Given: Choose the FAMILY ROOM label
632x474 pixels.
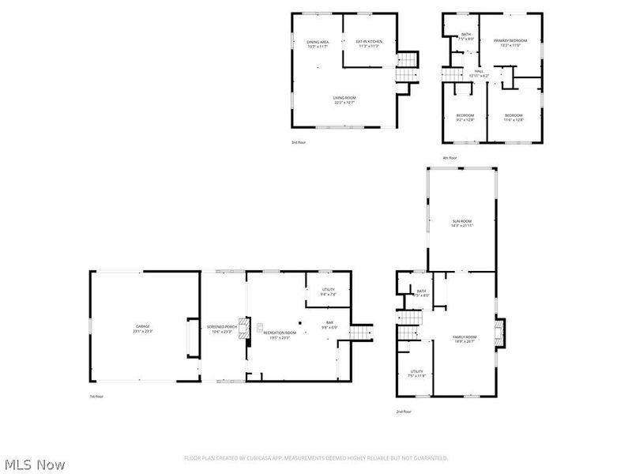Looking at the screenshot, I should click(x=465, y=339).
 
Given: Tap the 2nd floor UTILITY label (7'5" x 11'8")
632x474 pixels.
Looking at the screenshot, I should click(x=417, y=373).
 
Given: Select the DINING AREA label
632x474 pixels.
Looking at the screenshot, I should click(x=318, y=43).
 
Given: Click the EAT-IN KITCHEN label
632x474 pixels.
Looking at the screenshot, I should click(x=369, y=43).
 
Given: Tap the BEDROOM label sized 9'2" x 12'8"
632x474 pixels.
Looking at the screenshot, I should click(x=465, y=118).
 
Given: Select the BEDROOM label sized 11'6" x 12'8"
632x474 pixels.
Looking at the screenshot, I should click(x=513, y=118).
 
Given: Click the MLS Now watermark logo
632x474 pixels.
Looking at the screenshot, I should click(x=34, y=465).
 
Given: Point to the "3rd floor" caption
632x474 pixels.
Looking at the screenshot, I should click(x=299, y=141).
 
